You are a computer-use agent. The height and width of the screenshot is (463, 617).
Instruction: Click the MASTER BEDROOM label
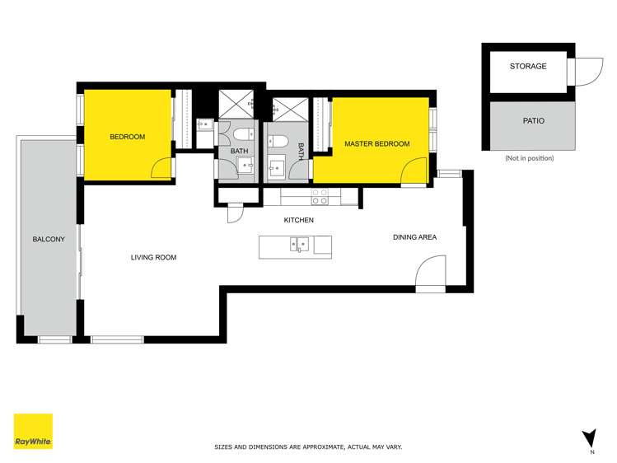click(376, 144)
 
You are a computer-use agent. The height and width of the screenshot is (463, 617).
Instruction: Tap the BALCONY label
click(43, 239)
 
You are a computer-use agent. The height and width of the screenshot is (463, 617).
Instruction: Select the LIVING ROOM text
click(153, 258)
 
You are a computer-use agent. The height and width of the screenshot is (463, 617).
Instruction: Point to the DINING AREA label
click(414, 237)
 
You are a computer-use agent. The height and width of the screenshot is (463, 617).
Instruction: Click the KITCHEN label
click(298, 220)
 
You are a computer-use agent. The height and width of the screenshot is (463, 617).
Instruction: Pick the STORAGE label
click(527, 67)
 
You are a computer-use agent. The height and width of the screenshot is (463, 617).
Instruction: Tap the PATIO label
click(533, 121)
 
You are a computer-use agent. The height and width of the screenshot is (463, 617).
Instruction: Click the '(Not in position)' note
click(529, 158)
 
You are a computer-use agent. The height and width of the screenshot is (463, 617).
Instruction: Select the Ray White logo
click(33, 431)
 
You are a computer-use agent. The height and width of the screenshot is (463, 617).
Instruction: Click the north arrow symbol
click(588, 438)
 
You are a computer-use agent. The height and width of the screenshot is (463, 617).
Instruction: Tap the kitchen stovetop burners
click(319, 197)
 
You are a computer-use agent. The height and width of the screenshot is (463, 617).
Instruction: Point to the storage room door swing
click(584, 72)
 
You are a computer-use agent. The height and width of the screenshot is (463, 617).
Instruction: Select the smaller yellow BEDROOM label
click(127, 137)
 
